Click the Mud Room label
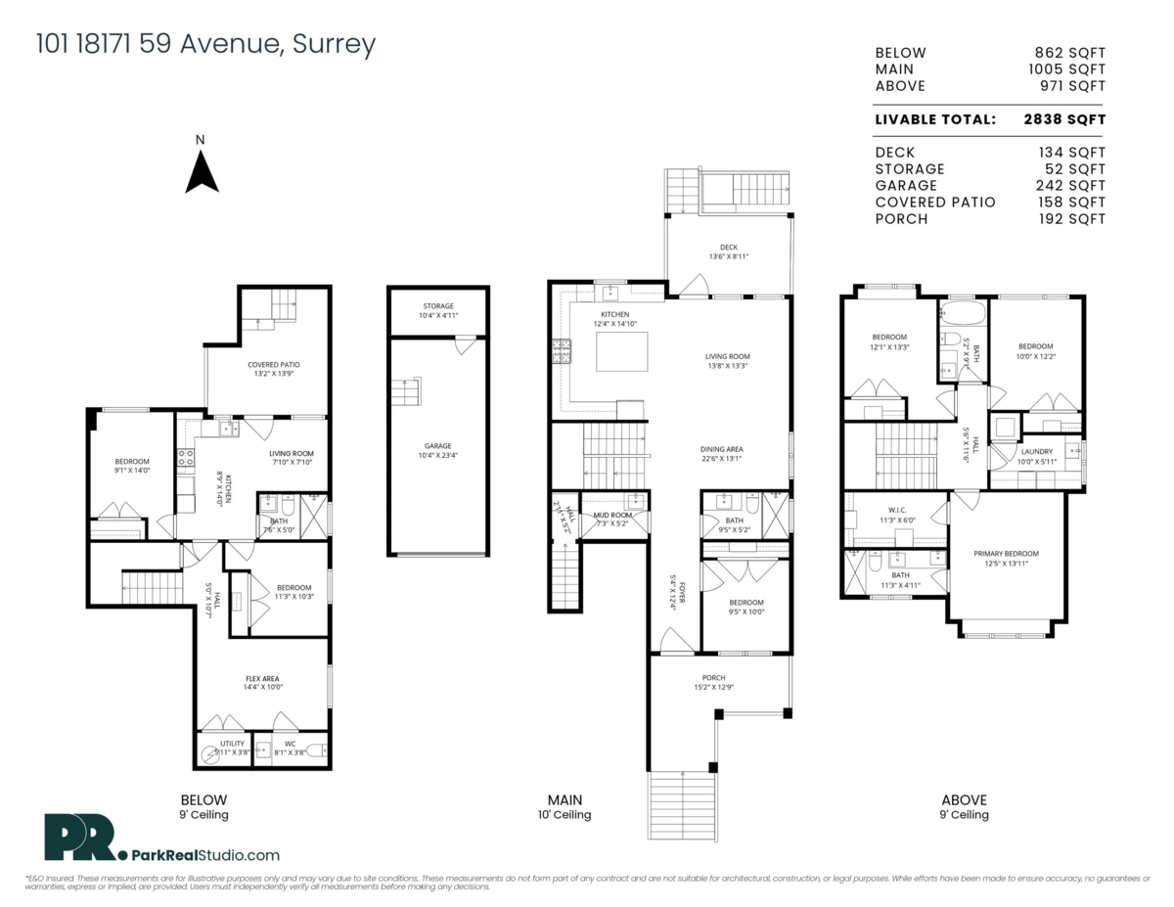pos(612,515)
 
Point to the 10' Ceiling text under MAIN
pos(564,815)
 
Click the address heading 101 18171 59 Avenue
pos(204,45)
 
